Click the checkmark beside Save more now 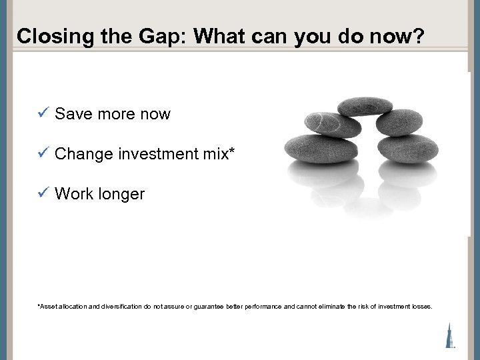[x=43, y=113]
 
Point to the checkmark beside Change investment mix [x=43, y=153]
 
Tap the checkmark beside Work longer [x=43, y=193]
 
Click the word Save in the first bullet [x=73, y=114]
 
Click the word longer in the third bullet [x=121, y=194]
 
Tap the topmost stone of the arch [x=365, y=107]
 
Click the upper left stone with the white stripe [x=323, y=123]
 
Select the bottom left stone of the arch [x=312, y=149]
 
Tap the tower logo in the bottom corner [x=451, y=334]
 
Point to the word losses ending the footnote [x=422, y=307]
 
